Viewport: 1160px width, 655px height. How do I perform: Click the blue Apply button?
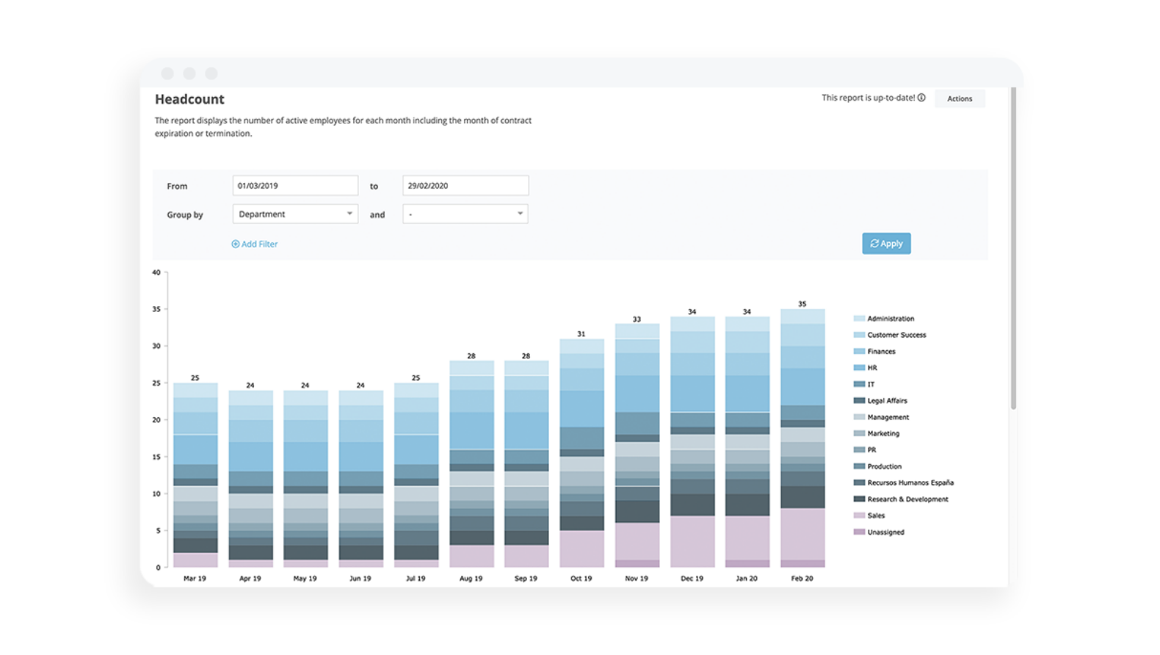(x=886, y=244)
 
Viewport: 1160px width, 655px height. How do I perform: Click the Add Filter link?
(x=255, y=244)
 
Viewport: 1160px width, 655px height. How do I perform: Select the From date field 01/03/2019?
(x=295, y=186)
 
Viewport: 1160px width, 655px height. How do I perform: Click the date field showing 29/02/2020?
(x=465, y=186)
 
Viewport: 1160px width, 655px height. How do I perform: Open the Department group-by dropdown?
(x=295, y=214)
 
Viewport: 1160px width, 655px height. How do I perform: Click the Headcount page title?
(x=189, y=99)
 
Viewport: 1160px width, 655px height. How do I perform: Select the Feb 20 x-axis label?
(x=802, y=579)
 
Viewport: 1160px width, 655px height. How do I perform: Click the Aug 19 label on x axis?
(x=471, y=579)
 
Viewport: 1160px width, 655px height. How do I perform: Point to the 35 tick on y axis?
(x=156, y=309)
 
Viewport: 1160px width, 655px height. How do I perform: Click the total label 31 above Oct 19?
(x=581, y=334)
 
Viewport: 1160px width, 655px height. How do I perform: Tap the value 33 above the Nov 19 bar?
(x=637, y=319)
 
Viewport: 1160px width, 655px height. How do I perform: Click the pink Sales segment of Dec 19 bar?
(x=692, y=541)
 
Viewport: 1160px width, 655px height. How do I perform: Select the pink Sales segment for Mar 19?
(x=195, y=560)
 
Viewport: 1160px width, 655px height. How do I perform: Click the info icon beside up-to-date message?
(x=921, y=98)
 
